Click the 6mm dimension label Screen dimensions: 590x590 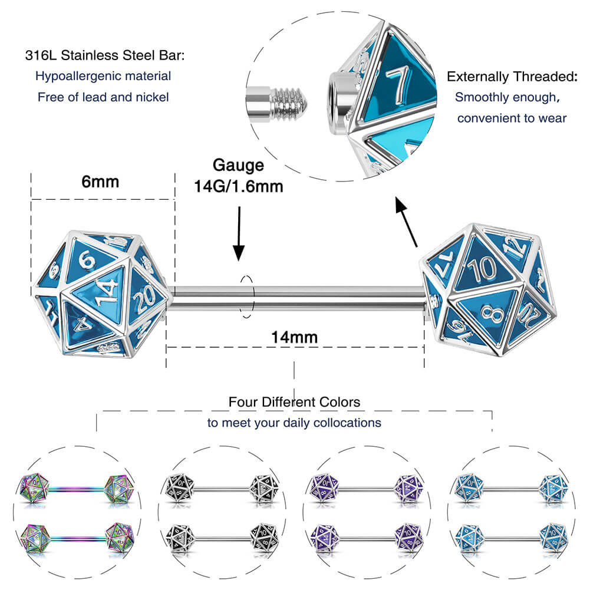pyautogui.click(x=100, y=182)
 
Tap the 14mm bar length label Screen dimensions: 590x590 pyautogui.click(x=294, y=337)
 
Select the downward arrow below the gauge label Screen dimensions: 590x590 pyautogui.click(x=239, y=232)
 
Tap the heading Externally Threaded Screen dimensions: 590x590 pyautogui.click(x=511, y=77)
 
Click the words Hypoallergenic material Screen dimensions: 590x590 pyautogui.click(x=103, y=76)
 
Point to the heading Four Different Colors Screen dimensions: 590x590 pyautogui.click(x=294, y=402)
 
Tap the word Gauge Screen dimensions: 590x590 pyautogui.click(x=239, y=165)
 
